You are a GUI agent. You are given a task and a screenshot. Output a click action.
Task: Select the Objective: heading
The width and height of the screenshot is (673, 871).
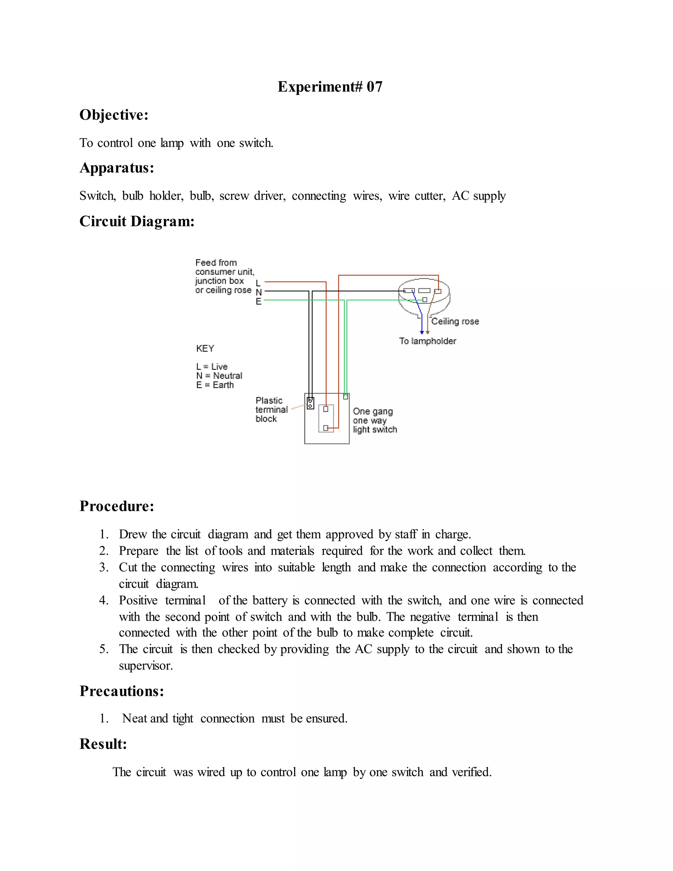pos(114,115)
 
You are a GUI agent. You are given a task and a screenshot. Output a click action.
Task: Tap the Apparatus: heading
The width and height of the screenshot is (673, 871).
pos(116,168)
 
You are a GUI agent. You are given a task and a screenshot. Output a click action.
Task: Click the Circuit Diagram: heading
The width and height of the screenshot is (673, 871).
pos(137,221)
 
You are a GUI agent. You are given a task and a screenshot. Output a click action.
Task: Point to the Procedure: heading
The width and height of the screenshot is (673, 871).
pos(116,506)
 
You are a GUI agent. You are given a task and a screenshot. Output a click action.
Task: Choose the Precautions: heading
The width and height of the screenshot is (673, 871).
pos(122,691)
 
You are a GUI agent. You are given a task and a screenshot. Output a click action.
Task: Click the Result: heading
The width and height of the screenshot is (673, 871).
pos(103,744)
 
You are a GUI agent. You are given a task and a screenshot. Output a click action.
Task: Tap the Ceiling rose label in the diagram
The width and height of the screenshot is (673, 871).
pos(455,321)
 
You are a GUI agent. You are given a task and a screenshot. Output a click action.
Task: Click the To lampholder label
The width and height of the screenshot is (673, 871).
pos(428,341)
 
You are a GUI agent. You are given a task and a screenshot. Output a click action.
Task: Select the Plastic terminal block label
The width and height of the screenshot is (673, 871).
pos(271,410)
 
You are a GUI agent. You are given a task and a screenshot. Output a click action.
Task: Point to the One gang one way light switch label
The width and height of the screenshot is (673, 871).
pos(374,420)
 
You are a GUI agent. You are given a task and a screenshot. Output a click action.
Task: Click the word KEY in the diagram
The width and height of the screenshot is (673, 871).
pos(205,348)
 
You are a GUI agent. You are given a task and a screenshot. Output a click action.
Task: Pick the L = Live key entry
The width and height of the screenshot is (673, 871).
pos(212,366)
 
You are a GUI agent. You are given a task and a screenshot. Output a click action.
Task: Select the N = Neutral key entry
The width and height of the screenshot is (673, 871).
pos(219,376)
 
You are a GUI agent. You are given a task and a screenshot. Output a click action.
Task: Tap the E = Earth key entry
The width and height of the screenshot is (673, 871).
pos(215,385)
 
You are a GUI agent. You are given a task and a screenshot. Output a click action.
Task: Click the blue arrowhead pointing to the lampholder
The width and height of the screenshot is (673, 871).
pos(421,332)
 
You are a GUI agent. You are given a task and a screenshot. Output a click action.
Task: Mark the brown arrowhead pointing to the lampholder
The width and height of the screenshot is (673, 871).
pos(428,332)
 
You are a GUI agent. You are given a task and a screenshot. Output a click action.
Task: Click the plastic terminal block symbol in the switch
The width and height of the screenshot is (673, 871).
pos(310,403)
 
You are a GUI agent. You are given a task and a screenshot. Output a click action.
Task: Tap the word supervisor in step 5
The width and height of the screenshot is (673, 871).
pos(146,666)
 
